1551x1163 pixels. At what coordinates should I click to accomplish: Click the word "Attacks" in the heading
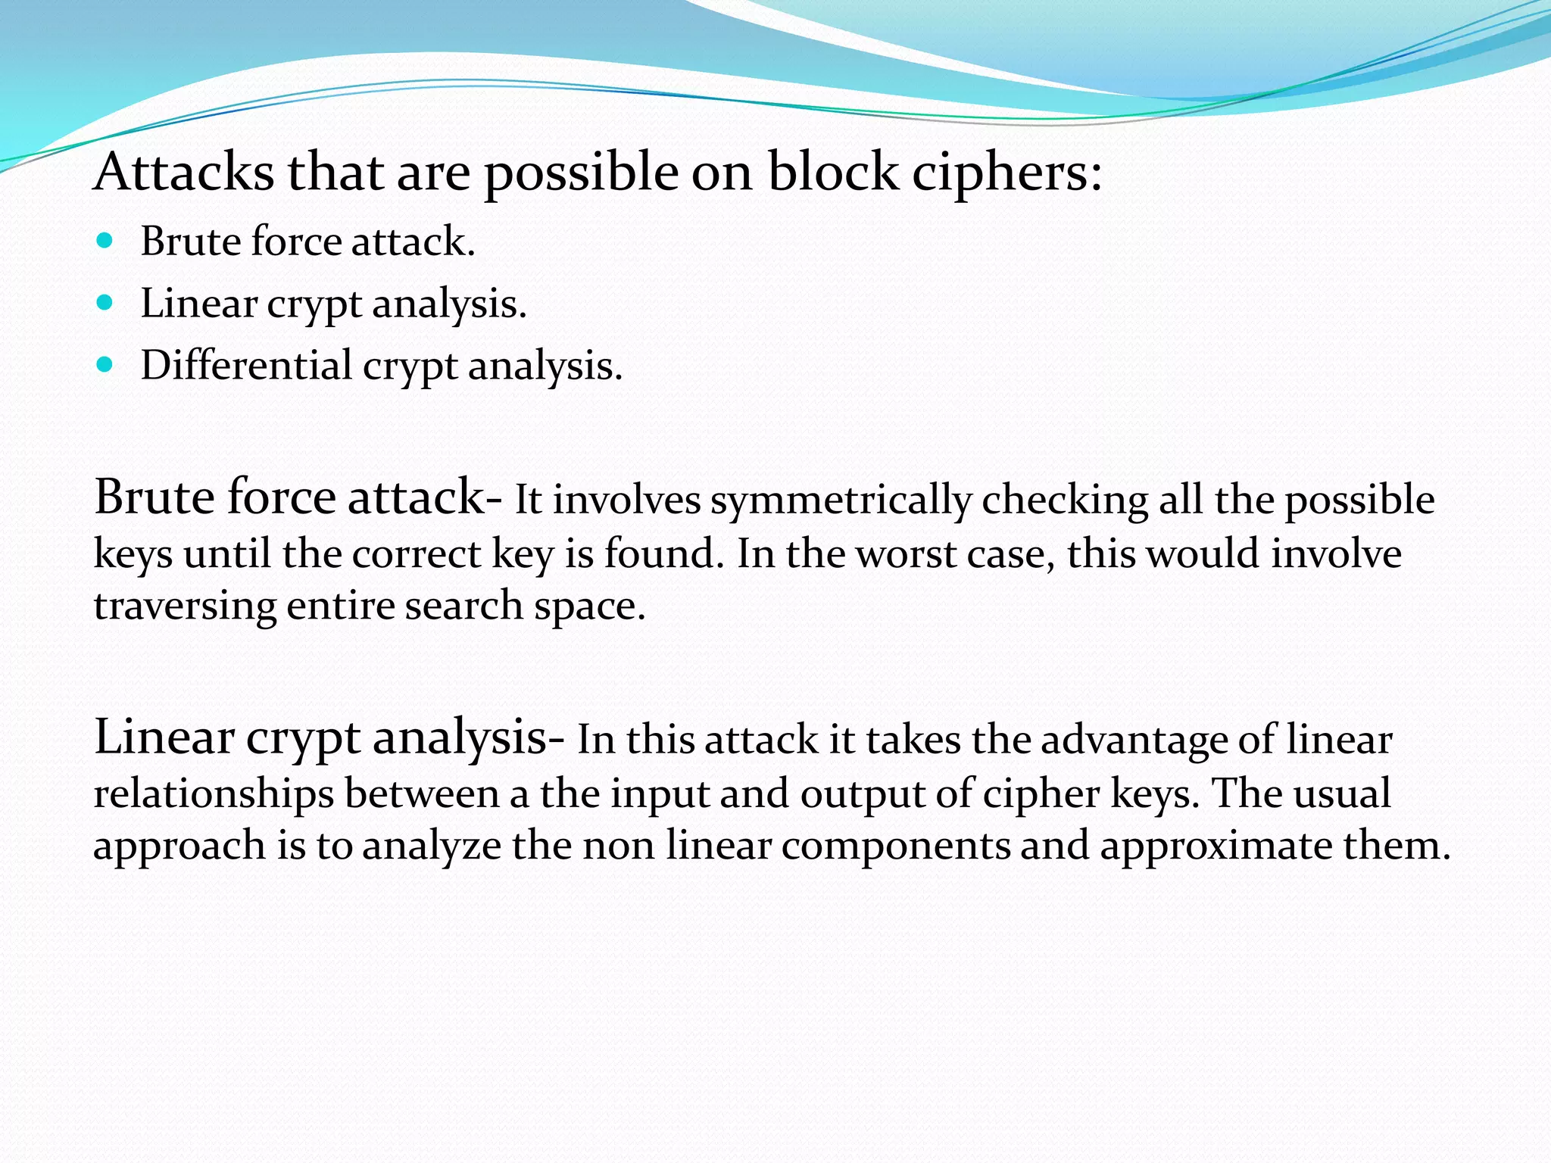(184, 173)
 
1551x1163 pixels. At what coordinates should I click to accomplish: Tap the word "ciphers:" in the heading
(1006, 173)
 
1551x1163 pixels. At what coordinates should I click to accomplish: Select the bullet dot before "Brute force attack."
(105, 242)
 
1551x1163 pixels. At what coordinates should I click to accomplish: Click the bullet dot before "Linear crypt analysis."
(105, 304)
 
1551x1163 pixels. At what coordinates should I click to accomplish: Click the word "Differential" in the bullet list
(246, 365)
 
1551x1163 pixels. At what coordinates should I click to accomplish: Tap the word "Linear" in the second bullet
(198, 304)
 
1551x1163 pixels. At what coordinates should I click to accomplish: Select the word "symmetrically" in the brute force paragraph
(841, 501)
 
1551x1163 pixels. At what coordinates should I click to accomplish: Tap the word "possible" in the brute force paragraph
(1359, 501)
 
